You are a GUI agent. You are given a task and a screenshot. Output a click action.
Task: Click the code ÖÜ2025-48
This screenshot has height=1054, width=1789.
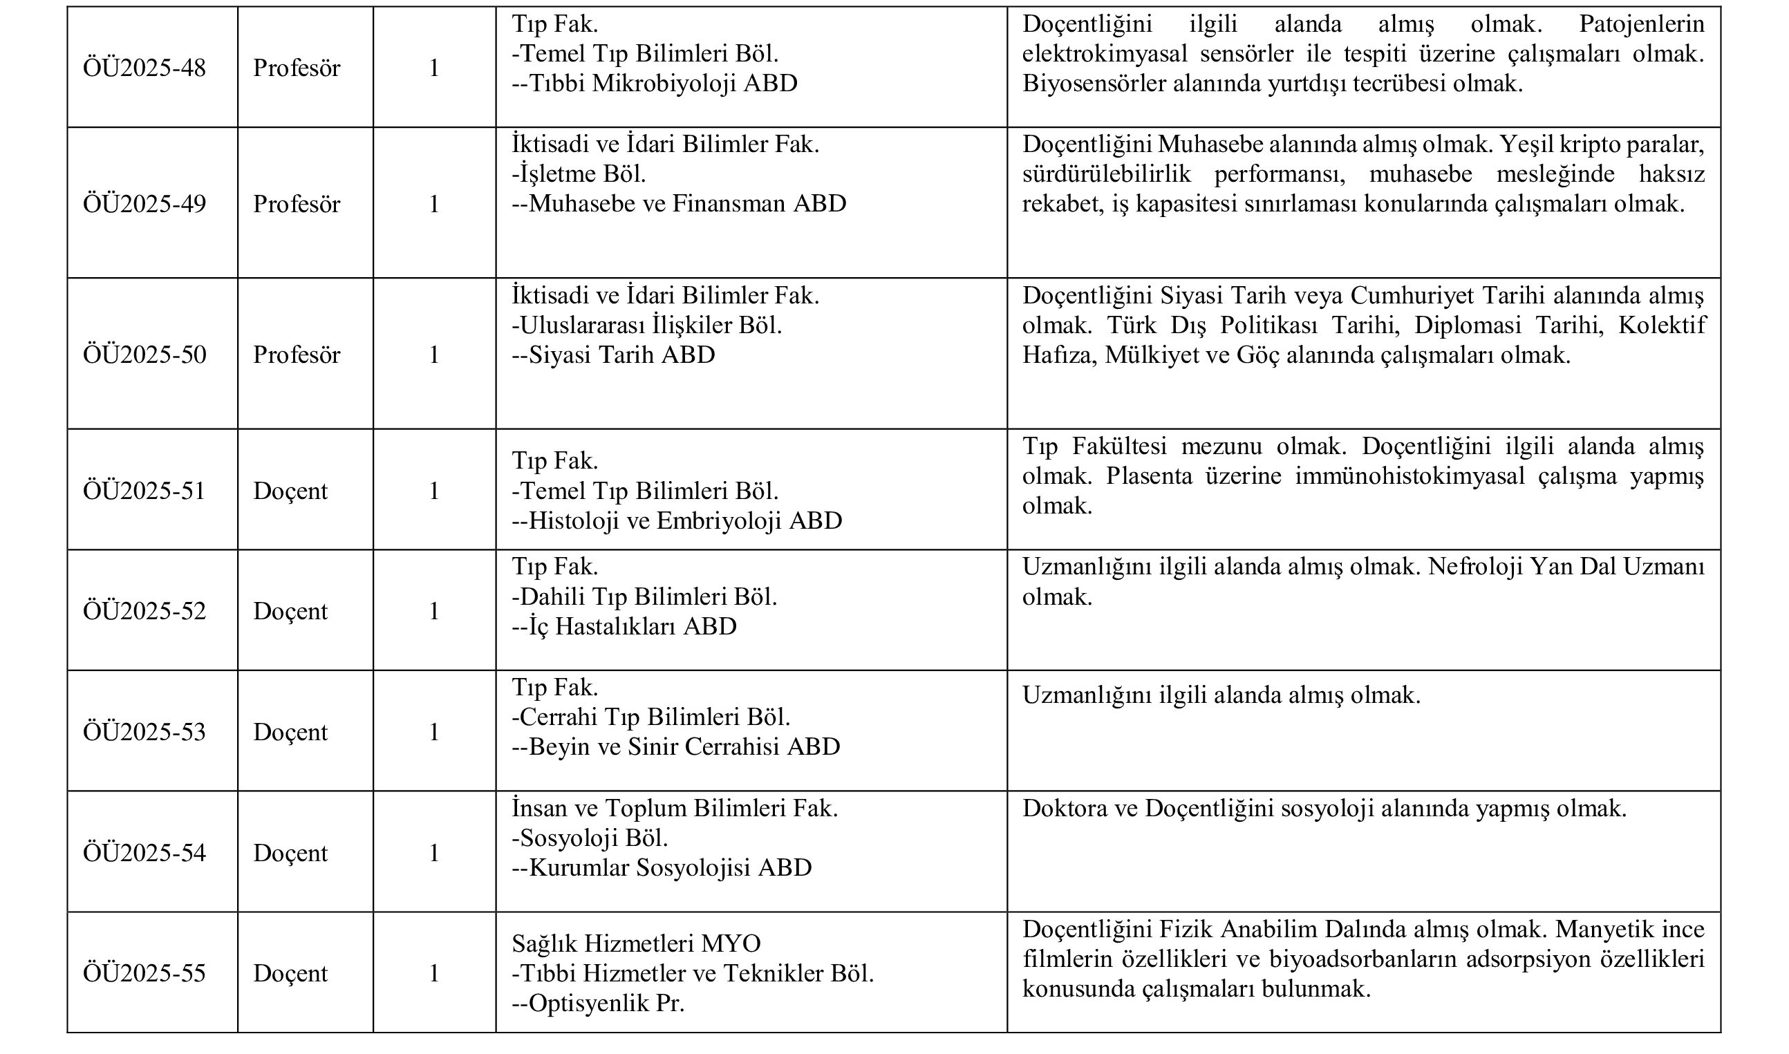click(144, 68)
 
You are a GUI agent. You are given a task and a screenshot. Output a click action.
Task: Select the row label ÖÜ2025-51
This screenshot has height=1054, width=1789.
click(144, 491)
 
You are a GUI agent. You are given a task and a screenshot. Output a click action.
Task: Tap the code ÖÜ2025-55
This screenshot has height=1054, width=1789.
click(144, 973)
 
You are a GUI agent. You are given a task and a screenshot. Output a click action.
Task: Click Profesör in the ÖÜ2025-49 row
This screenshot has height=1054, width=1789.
click(297, 205)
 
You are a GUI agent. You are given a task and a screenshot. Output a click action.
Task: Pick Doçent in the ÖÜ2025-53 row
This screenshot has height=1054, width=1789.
click(290, 732)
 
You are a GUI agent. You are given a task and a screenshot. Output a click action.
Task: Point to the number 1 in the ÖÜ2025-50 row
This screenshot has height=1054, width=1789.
click(434, 355)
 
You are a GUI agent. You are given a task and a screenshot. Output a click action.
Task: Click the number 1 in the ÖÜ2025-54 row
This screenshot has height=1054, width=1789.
click(434, 853)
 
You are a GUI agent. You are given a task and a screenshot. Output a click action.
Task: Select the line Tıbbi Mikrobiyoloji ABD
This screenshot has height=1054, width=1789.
click(655, 84)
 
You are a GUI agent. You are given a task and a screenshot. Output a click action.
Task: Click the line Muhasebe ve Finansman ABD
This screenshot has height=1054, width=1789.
click(679, 204)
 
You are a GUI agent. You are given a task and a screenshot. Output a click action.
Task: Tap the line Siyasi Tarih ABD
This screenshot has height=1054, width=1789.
click(614, 355)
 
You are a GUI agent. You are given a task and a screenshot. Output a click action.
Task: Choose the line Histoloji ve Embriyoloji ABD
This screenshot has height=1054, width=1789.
click(677, 520)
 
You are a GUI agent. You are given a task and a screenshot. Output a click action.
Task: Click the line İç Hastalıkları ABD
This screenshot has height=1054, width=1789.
click(624, 626)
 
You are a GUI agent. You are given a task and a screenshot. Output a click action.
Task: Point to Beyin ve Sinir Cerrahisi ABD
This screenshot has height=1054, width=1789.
click(675, 746)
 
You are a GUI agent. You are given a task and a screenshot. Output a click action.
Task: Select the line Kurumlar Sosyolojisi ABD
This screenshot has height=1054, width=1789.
click(662, 868)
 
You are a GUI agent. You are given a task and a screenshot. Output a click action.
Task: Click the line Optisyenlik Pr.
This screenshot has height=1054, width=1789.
click(598, 1003)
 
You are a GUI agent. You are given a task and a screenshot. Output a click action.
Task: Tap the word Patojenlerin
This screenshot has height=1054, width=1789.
click(1641, 24)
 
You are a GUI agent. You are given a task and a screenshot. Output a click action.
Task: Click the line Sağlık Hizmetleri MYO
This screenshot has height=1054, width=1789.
click(637, 943)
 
